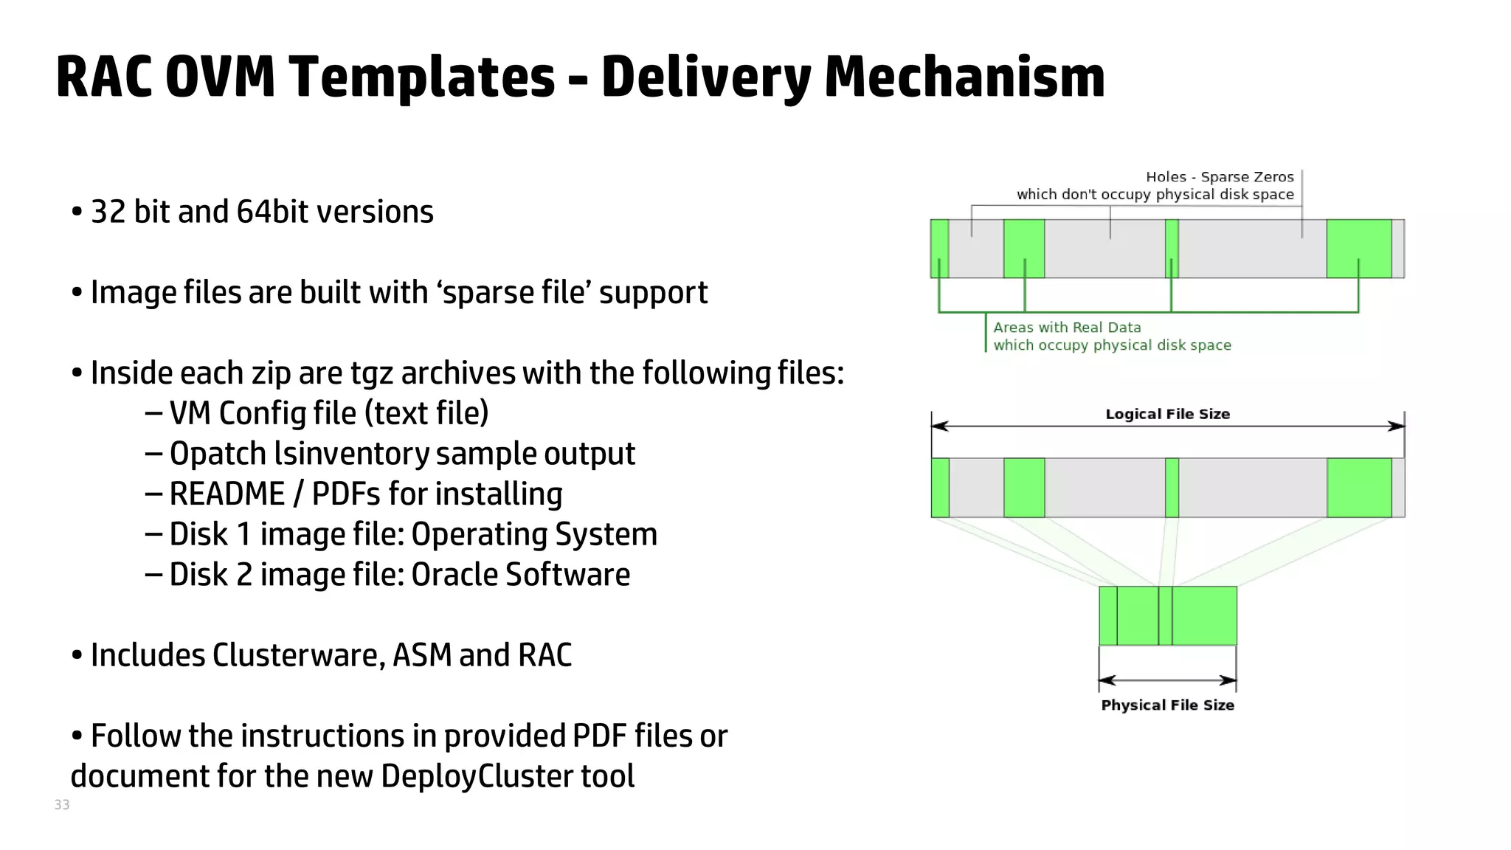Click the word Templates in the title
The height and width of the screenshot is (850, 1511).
click(x=421, y=77)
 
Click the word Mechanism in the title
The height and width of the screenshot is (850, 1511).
click(x=964, y=77)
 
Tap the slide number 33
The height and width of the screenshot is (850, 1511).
click(x=62, y=804)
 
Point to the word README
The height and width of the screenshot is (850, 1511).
click(x=227, y=494)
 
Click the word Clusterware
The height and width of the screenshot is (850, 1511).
click(x=299, y=655)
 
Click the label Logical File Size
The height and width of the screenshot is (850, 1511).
click(x=1167, y=414)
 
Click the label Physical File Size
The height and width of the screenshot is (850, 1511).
click(x=1167, y=705)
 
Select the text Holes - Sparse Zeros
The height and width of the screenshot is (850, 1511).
click(x=1220, y=177)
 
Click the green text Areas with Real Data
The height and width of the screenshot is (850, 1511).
click(x=1067, y=328)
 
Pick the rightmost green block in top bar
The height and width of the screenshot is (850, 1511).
click(x=1359, y=249)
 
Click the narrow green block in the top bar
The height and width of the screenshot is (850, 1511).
click(x=1172, y=249)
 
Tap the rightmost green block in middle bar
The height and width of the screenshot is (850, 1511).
click(x=1359, y=488)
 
